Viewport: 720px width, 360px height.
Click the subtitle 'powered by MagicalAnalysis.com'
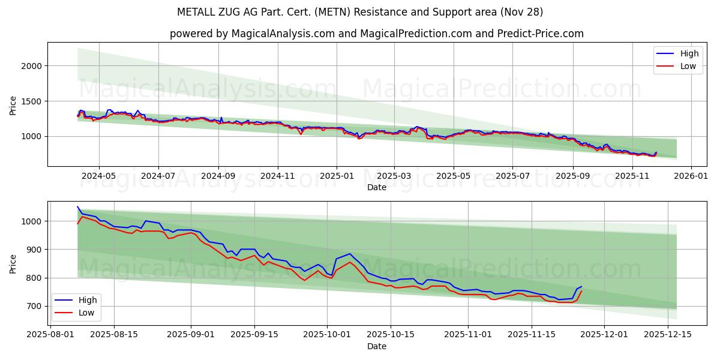(x=377, y=34)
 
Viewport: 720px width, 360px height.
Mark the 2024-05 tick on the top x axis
(x=98, y=176)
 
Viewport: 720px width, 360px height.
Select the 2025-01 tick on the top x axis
(x=336, y=176)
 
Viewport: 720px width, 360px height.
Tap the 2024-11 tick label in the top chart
(x=277, y=176)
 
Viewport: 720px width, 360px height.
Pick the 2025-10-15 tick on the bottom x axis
(x=391, y=335)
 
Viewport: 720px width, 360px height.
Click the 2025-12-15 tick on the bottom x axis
(x=667, y=335)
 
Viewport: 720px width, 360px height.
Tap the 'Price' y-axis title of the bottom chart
(x=13, y=264)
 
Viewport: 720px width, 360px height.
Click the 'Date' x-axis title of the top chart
(x=377, y=187)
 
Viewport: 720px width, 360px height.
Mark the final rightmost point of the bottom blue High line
(x=581, y=287)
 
